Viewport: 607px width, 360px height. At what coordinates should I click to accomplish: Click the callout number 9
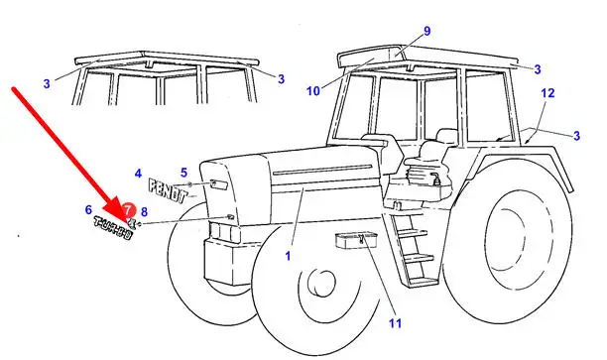tap(427, 31)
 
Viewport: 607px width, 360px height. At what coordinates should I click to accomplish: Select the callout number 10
tap(313, 91)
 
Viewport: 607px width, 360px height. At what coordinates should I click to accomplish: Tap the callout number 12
tap(547, 93)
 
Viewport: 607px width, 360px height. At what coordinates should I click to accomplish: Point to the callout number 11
tap(396, 323)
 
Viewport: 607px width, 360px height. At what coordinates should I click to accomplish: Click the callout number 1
tap(288, 256)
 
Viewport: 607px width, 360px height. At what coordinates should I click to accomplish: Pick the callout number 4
tap(138, 174)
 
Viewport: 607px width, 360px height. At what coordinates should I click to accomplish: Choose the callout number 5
tap(183, 173)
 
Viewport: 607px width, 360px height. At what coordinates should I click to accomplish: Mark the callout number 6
tap(88, 210)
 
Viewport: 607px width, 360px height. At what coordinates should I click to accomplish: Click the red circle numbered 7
tap(128, 210)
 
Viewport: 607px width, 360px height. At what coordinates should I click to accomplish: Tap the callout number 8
tap(144, 212)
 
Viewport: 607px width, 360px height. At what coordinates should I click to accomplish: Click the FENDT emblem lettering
tap(168, 190)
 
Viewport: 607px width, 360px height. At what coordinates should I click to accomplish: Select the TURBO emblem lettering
tap(113, 228)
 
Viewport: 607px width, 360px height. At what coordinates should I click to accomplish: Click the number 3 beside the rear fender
tap(577, 136)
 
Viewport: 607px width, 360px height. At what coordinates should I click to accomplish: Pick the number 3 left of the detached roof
tap(47, 83)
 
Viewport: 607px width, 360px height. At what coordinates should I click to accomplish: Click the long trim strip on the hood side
tap(322, 171)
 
